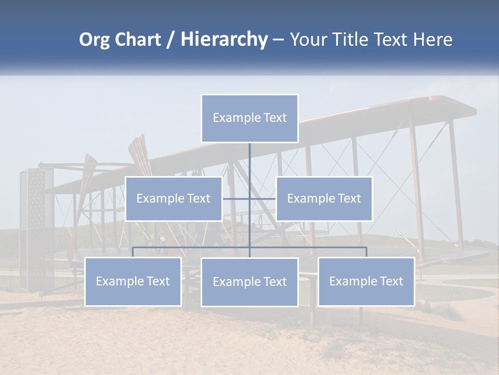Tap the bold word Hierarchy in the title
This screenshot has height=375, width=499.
224,40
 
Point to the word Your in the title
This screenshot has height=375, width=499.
308,40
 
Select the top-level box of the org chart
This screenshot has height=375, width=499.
249,118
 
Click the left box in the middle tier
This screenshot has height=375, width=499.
174,198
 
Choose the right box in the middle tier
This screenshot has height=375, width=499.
324,198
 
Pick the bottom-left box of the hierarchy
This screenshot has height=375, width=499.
133,281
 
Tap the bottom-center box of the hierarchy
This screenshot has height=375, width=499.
249,282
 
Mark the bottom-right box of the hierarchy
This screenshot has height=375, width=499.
366,281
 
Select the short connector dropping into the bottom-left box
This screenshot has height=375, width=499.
133,253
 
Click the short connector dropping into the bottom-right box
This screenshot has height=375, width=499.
366,253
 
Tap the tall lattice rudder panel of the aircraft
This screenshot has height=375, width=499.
36,229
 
